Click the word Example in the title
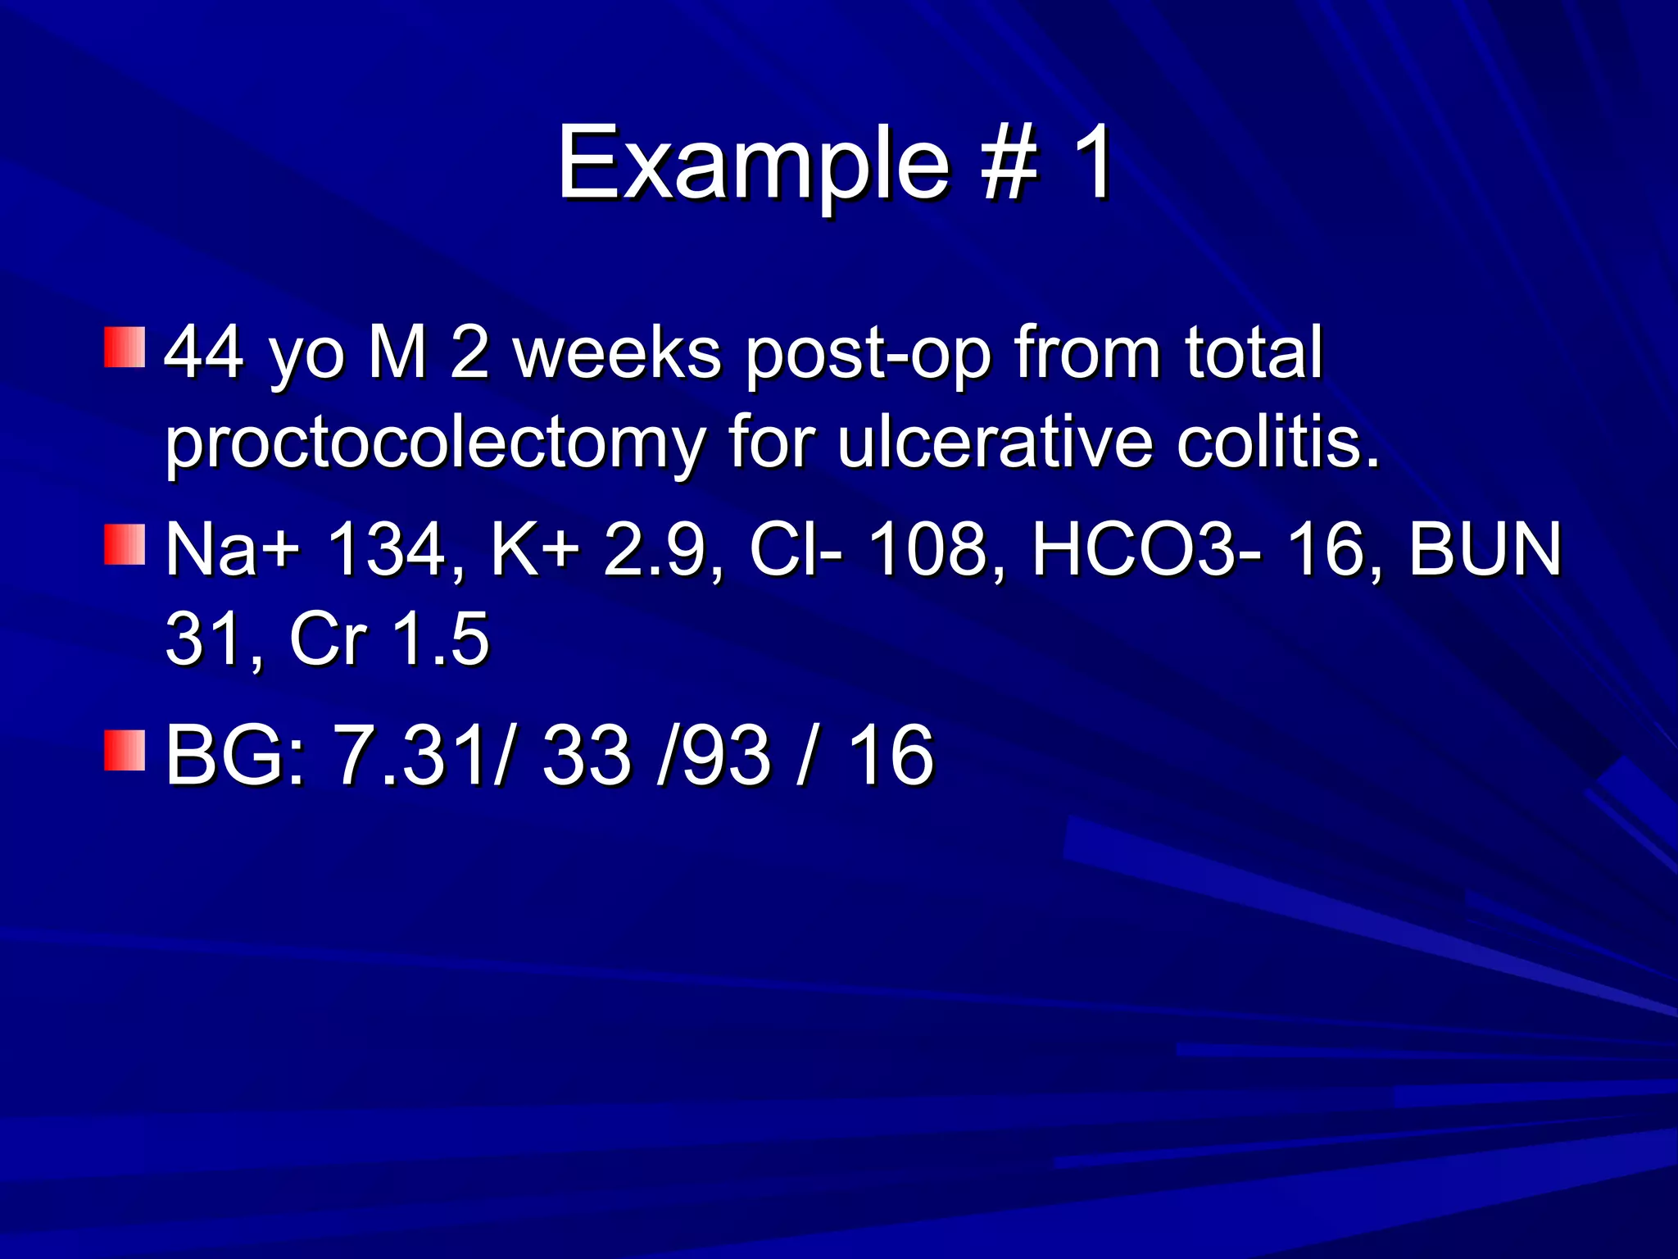coord(752,164)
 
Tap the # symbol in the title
coord(1011,164)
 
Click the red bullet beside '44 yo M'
coord(125,348)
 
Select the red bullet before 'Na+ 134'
coord(125,545)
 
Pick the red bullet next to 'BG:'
coord(125,750)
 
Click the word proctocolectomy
coord(434,445)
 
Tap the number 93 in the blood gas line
coord(726,756)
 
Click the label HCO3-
coord(1147,549)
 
